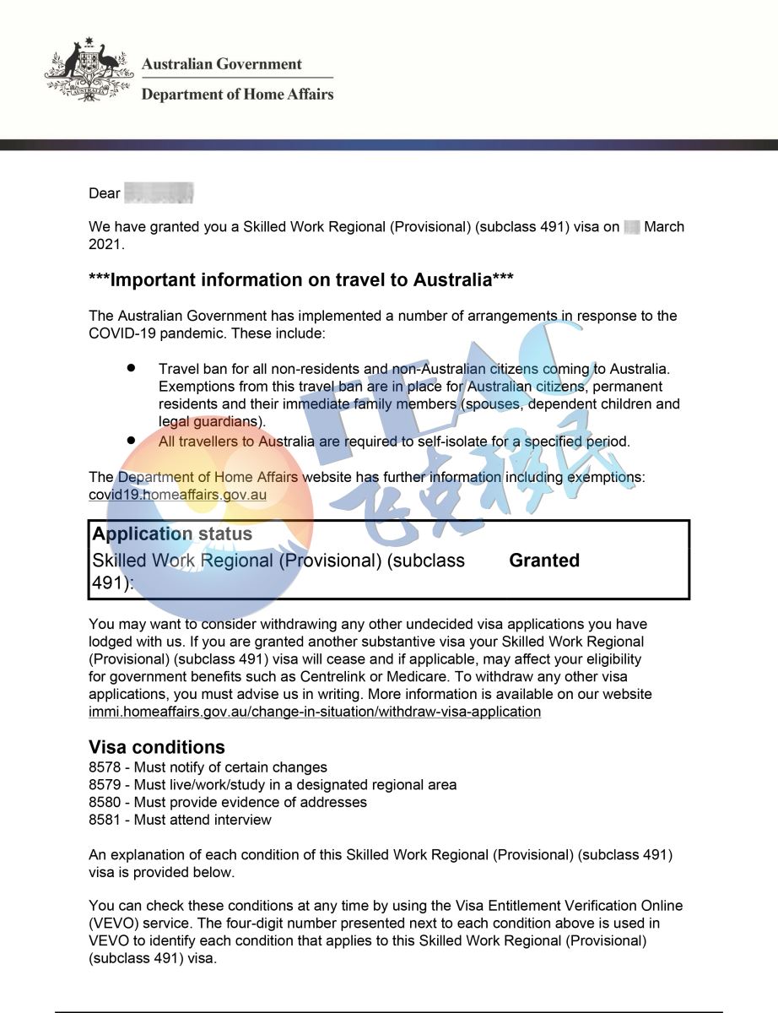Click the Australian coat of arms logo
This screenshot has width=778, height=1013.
[88, 72]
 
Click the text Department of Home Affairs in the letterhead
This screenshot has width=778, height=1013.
[237, 95]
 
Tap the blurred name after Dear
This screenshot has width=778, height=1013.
[159, 193]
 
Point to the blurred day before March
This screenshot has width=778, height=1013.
[632, 227]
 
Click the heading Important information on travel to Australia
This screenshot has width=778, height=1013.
[301, 279]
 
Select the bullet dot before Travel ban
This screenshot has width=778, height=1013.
[131, 370]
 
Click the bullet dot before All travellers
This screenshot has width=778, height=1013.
[131, 441]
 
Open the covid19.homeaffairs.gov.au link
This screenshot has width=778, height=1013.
[177, 495]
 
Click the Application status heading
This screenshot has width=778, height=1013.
[172, 534]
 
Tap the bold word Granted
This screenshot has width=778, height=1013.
[544, 561]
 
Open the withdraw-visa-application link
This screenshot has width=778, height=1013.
[314, 712]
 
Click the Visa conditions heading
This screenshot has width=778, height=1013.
[157, 747]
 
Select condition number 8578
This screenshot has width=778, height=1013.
[105, 768]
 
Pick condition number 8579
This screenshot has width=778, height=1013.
[105, 785]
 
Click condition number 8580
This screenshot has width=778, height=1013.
[105, 803]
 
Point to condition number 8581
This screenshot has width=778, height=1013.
[105, 820]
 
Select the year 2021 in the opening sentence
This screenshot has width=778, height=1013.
[105, 245]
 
